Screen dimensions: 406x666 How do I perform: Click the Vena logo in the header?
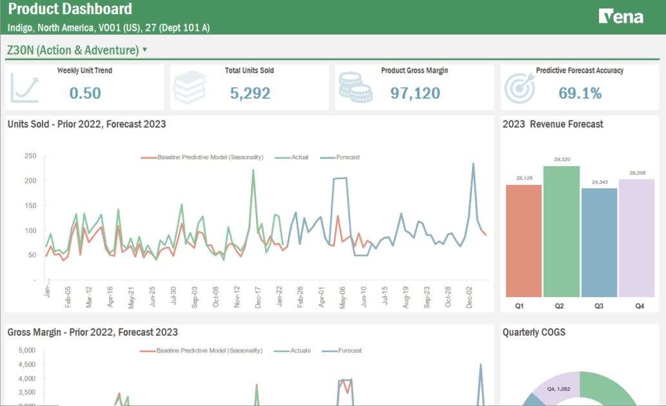tap(621, 17)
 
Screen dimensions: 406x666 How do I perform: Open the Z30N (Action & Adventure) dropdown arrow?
tap(144, 50)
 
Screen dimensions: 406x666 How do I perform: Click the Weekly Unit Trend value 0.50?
tap(85, 93)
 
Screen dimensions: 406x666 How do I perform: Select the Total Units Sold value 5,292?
tap(250, 93)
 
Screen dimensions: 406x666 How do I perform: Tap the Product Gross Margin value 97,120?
tap(415, 93)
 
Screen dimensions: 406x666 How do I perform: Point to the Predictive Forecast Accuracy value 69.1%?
tap(580, 93)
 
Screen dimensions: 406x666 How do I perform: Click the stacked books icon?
tap(190, 88)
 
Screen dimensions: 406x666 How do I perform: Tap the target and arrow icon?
tap(520, 88)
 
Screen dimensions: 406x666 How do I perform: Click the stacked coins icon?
tap(355, 88)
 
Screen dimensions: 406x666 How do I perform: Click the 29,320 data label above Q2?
tap(562, 159)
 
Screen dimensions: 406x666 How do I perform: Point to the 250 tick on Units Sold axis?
tap(30, 156)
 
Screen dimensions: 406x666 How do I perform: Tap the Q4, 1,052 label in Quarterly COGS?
tap(559, 389)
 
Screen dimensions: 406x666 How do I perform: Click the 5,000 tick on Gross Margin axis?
tap(25, 351)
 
